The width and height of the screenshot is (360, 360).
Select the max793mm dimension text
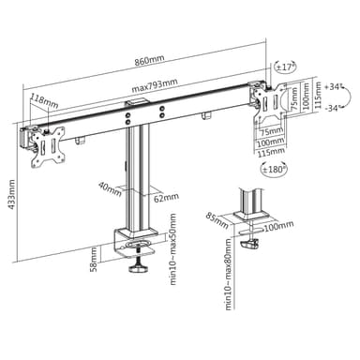click(x=155, y=85)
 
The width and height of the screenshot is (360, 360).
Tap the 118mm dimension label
click(x=44, y=101)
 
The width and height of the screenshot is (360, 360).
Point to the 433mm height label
click(x=11, y=194)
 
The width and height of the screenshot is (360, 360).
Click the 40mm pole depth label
click(x=110, y=188)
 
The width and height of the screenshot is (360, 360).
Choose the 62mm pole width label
click(x=166, y=198)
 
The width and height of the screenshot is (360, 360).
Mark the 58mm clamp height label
click(x=94, y=259)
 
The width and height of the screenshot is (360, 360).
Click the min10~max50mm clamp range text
click(x=172, y=249)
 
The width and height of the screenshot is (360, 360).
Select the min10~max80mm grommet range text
click(x=229, y=274)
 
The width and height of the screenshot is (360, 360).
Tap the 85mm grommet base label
click(x=217, y=220)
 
